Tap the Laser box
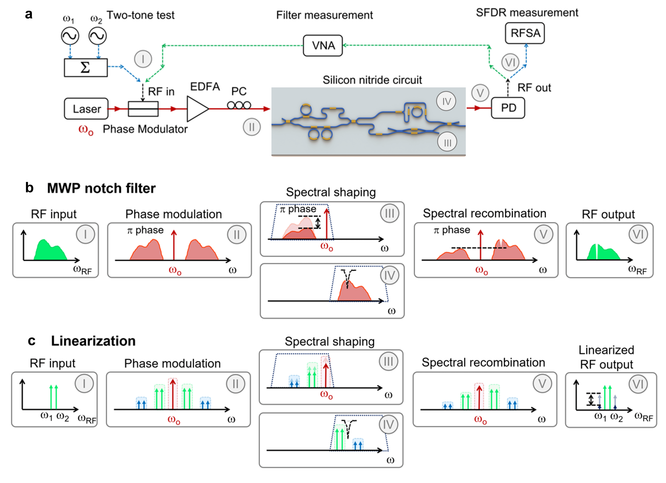coord(86,109)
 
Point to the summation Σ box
coord(86,67)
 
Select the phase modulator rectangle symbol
coord(143,109)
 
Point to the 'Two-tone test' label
coord(140,15)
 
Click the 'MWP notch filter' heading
coord(101,188)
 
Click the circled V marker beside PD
coord(480,93)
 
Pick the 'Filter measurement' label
coord(325,15)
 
